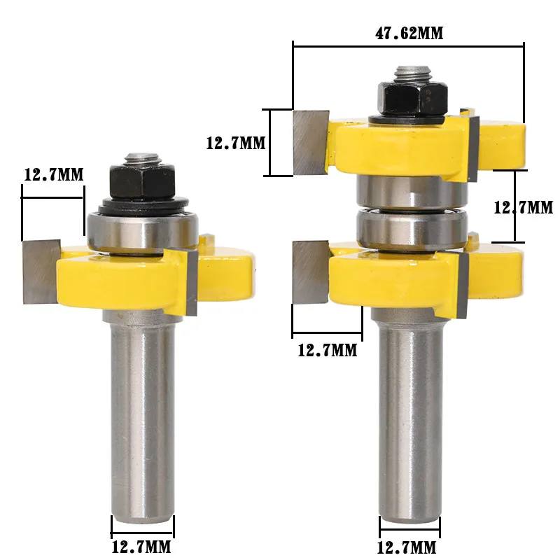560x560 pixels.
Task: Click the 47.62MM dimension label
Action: [407, 33]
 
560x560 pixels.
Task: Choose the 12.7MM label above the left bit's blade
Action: [53, 174]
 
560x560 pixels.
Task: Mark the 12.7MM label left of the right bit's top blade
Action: [235, 143]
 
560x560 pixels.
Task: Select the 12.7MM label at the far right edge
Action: [524, 207]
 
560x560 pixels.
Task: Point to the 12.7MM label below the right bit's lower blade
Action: [327, 350]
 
